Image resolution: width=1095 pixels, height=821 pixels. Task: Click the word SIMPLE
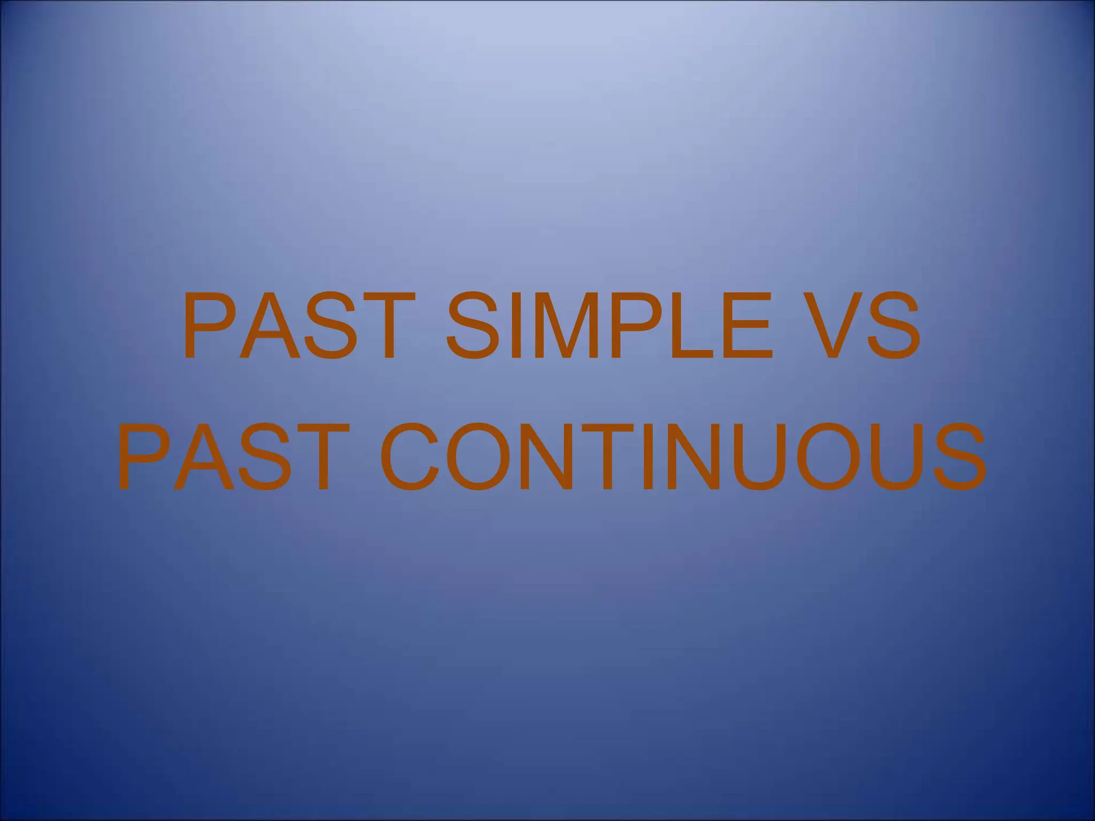coord(610,326)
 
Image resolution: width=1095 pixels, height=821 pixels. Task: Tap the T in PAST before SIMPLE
coord(382,326)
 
